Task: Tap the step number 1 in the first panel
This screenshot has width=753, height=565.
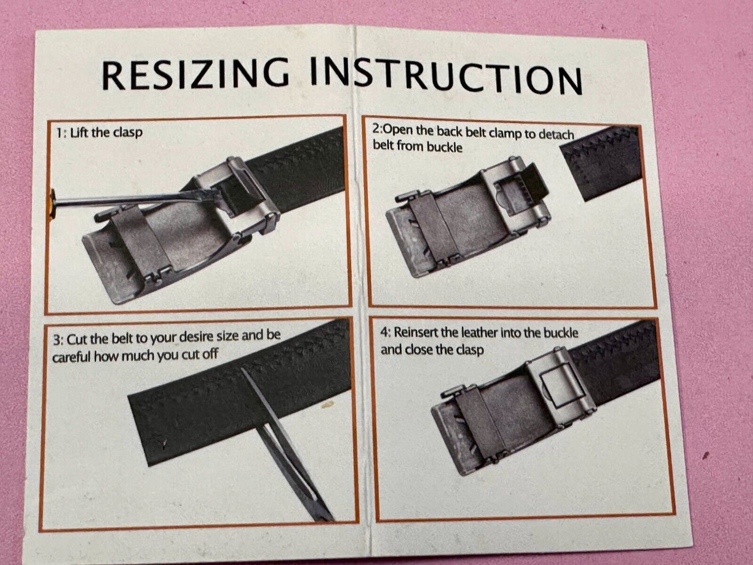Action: pos(60,132)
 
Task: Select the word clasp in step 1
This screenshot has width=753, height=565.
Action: pos(128,132)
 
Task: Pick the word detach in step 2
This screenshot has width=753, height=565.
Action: pos(555,134)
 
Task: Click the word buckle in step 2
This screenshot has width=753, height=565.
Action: pos(445,147)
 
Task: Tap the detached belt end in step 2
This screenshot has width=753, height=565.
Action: pos(601,163)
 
